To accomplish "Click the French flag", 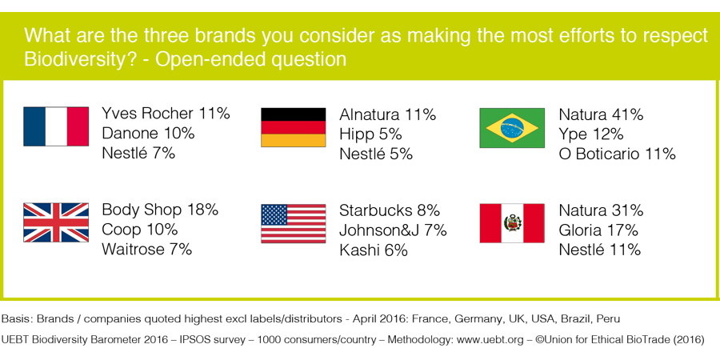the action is tap(56, 126).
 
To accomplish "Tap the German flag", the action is tap(294, 127).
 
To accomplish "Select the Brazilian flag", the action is tap(512, 128).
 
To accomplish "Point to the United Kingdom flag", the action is tap(56, 222).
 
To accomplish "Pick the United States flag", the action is tap(294, 223).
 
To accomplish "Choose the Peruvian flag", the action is tap(512, 223).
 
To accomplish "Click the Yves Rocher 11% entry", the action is tap(166, 114).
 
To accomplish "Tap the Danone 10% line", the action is tap(148, 133).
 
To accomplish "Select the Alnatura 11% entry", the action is tap(387, 114).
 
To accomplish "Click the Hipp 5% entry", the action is tap(370, 134).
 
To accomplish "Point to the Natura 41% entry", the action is tap(601, 114).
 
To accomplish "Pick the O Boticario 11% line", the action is tap(617, 154).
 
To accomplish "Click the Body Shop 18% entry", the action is tap(160, 210).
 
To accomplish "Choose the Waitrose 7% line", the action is tap(147, 249).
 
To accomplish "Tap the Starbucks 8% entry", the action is tap(390, 210).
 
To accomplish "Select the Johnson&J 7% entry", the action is tap(393, 230).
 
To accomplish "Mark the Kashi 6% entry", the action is tap(374, 250).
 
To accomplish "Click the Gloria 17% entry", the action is tap(598, 230).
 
